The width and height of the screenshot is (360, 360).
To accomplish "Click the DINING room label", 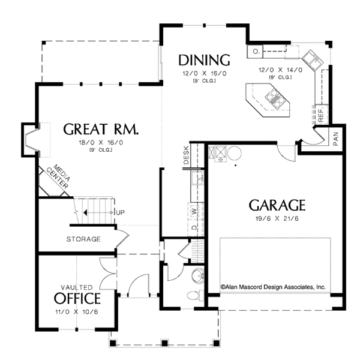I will [x=204, y=60].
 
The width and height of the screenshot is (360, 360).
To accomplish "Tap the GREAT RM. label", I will [x=101, y=129].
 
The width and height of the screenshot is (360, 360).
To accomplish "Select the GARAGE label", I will [x=277, y=205].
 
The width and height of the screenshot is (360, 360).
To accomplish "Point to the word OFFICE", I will [x=77, y=298].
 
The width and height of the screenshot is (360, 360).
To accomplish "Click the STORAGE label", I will [x=83, y=239].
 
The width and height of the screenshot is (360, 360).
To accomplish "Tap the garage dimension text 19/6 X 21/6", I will [x=277, y=220].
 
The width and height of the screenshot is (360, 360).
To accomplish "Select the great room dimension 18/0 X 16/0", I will [x=101, y=142].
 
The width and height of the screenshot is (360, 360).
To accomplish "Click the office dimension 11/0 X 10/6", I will [x=77, y=313].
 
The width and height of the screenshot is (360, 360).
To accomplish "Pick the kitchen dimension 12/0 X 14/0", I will [x=275, y=70].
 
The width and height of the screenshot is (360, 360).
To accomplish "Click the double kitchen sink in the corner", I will [x=313, y=58].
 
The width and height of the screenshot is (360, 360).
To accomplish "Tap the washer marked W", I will [x=194, y=211].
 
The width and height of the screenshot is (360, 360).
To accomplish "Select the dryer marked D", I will [x=194, y=227].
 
